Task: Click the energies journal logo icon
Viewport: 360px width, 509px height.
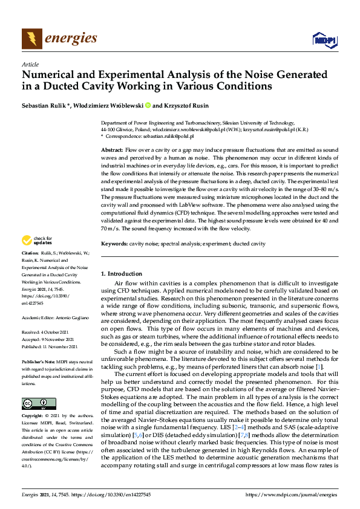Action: [x=32, y=39]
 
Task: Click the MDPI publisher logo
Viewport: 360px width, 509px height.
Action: [x=324, y=40]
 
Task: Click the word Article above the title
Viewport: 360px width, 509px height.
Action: [x=30, y=64]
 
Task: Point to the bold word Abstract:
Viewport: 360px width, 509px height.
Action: [x=111, y=149]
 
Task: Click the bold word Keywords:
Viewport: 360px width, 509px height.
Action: [x=114, y=244]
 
